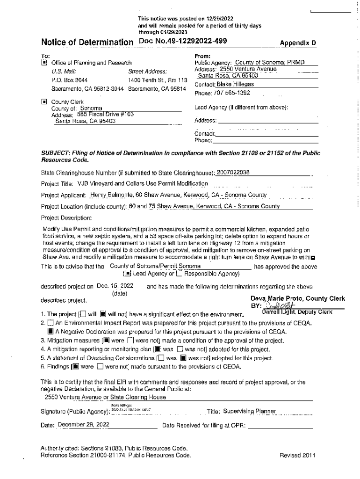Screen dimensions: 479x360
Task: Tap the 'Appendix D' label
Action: [298, 43]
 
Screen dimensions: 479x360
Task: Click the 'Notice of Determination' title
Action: [86, 43]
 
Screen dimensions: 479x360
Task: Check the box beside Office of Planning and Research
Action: [44, 62]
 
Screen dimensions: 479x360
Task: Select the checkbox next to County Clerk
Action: [44, 101]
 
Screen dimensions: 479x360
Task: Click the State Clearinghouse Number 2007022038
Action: [233, 172]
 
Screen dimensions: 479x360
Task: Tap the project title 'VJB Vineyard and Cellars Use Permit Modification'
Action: [143, 183]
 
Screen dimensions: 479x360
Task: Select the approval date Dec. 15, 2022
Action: [115, 286]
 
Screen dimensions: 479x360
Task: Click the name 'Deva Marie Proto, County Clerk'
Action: [298, 298]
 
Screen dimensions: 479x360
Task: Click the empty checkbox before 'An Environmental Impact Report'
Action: [50, 323]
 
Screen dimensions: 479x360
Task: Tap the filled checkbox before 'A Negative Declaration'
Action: [50, 332]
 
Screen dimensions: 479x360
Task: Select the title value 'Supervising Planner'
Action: [249, 411]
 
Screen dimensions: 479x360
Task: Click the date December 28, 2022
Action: [83, 425]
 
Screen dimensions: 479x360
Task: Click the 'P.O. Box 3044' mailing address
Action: [69, 80]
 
